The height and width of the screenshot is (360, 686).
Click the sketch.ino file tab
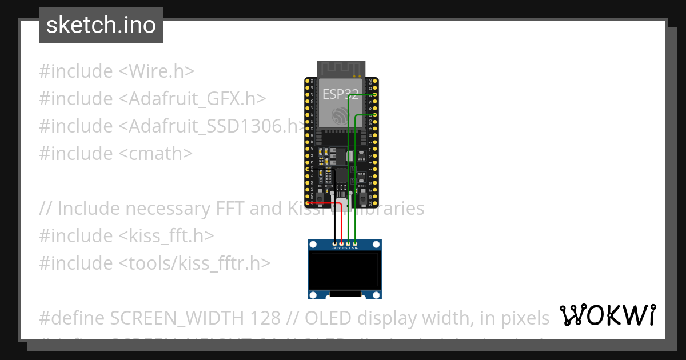tap(101, 25)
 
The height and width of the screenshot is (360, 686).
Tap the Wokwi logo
tap(607, 315)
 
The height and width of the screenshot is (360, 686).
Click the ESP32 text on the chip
tap(341, 94)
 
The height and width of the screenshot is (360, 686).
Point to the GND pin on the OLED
tap(334, 244)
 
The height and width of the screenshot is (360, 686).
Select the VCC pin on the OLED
tap(341, 244)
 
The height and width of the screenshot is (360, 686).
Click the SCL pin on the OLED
tap(348, 244)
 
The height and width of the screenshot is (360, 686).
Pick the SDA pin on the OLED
tap(355, 244)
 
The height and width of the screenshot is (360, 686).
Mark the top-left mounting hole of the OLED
tap(313, 244)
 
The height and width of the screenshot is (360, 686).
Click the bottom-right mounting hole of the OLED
tap(377, 295)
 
